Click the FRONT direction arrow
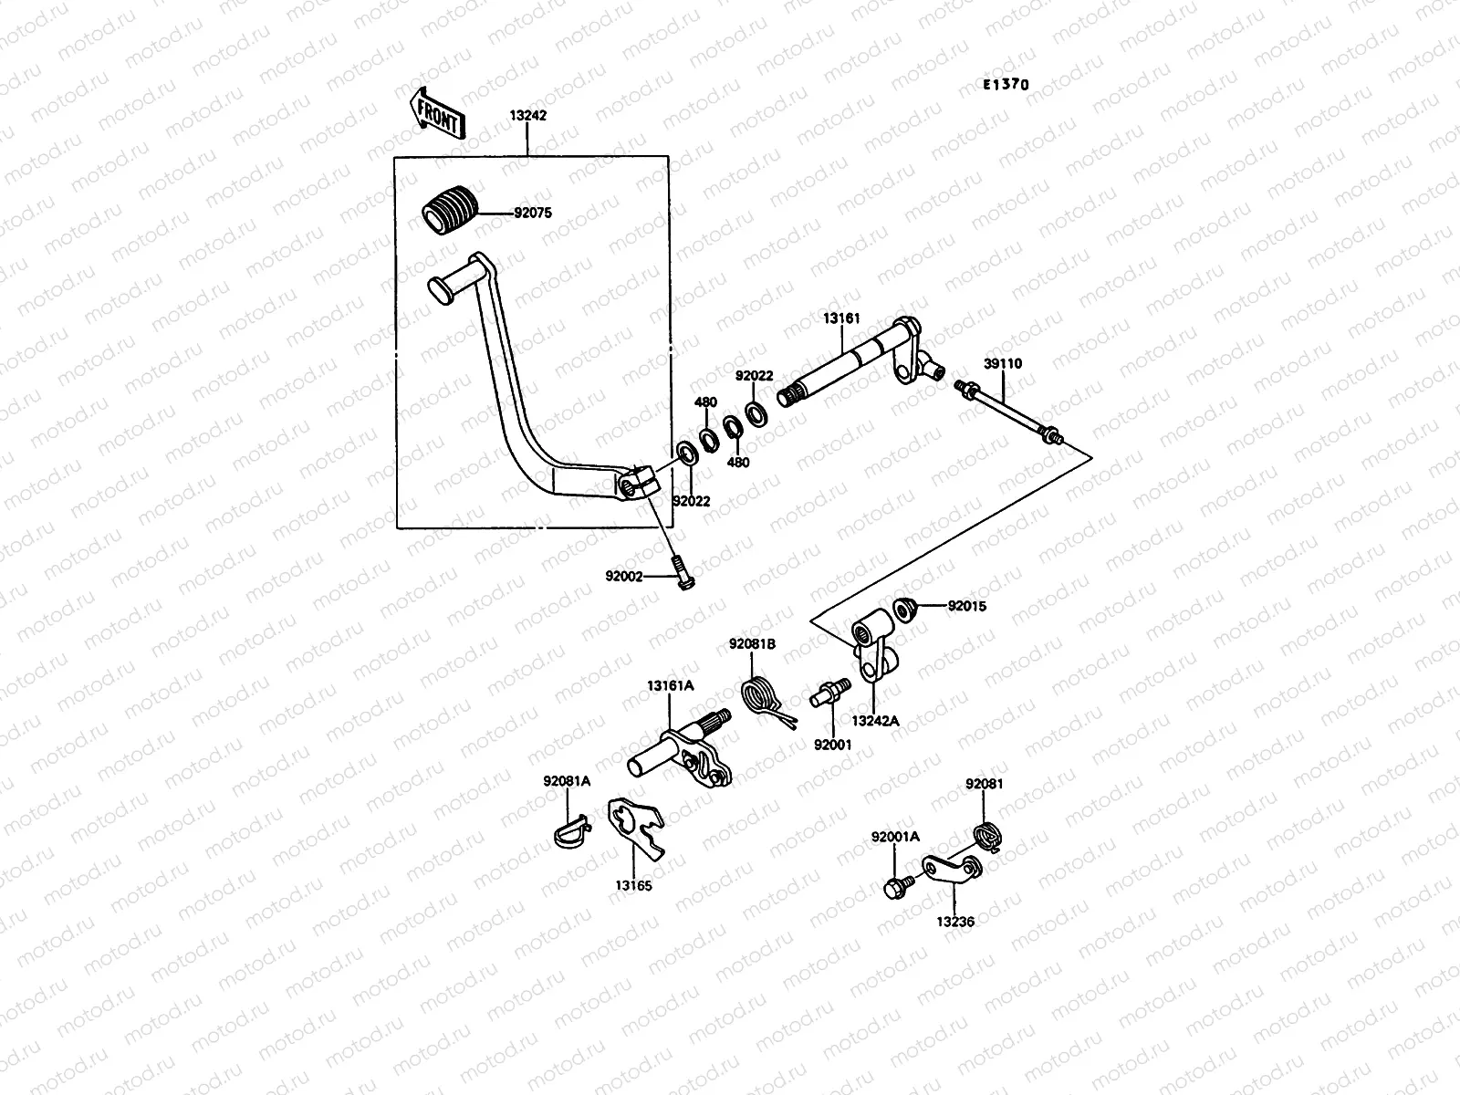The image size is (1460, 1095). (438, 112)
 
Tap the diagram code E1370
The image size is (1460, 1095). (1006, 85)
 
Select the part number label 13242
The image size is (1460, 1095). (528, 117)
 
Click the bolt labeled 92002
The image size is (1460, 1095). (681, 573)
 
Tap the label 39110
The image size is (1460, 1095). (1003, 364)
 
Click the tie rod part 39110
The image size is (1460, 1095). (1007, 413)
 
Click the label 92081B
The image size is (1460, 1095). (752, 643)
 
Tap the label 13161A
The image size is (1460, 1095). (671, 685)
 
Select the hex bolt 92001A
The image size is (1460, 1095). (896, 886)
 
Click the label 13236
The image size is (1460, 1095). (954, 922)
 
